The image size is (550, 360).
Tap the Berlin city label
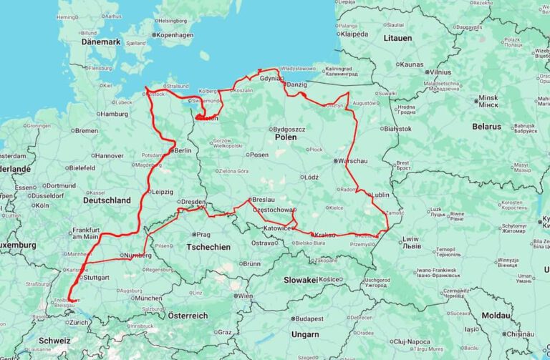click(x=183, y=150)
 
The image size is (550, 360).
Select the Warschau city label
click(x=354, y=161)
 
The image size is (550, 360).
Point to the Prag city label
click(x=203, y=234)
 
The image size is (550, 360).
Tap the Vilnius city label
click(x=440, y=72)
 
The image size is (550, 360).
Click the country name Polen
click(x=285, y=137)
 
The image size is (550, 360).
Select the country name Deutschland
click(x=107, y=200)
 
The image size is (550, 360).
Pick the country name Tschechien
click(x=208, y=247)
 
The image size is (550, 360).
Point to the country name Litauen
click(x=397, y=38)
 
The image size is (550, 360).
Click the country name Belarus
click(x=487, y=127)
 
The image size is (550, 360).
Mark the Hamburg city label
click(x=114, y=114)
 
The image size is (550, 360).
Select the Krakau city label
click(x=324, y=235)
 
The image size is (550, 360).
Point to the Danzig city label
click(x=296, y=85)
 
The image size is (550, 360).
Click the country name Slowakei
click(x=301, y=280)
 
